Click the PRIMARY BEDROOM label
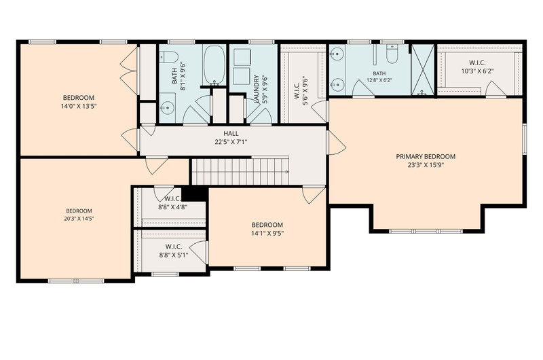click(426, 157)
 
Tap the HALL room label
click(231, 133)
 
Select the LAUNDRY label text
click(257, 90)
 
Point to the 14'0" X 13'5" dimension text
click(79, 107)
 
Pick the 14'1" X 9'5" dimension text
click(267, 233)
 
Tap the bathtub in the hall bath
click(214, 65)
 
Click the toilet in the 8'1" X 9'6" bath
click(169, 56)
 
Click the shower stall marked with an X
click(422, 70)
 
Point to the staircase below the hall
click(240, 172)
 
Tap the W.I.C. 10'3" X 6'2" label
click(477, 67)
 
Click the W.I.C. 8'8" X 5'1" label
click(174, 251)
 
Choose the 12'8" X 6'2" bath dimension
click(379, 79)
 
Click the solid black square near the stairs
click(195, 193)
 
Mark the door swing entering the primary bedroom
click(337, 143)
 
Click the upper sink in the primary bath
click(337, 54)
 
